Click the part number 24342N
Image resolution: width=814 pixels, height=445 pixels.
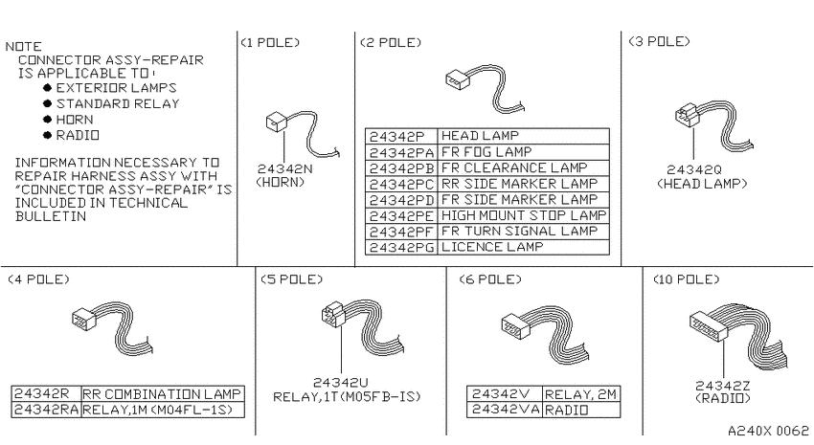(x=285, y=169)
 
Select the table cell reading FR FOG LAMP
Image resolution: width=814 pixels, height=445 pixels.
(x=523, y=152)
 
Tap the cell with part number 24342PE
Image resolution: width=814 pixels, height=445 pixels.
(x=401, y=215)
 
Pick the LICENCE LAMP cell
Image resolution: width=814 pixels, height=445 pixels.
(x=523, y=248)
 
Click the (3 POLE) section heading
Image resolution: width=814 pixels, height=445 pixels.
(x=659, y=41)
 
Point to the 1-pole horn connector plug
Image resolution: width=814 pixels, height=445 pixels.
(x=277, y=122)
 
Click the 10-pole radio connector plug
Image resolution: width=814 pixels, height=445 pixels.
(x=708, y=325)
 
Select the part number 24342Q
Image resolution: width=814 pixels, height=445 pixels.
(x=694, y=169)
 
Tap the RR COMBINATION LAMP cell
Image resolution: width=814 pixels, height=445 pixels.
(x=163, y=393)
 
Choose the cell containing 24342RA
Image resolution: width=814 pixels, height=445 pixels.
(x=46, y=410)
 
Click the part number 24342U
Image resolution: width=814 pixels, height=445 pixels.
(x=341, y=382)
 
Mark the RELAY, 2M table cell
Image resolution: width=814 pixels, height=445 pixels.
(x=581, y=394)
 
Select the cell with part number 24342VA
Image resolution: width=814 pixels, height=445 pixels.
(x=505, y=410)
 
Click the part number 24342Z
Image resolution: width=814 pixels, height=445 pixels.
(x=723, y=386)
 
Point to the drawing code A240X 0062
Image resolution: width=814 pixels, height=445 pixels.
(x=768, y=431)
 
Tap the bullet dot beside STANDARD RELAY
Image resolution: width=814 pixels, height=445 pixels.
(x=48, y=103)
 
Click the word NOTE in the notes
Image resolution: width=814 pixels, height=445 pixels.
(x=24, y=46)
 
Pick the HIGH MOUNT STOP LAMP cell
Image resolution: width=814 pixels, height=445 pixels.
(x=523, y=215)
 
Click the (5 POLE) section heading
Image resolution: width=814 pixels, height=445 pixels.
(x=291, y=279)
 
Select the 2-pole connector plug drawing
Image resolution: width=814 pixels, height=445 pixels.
(x=458, y=79)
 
